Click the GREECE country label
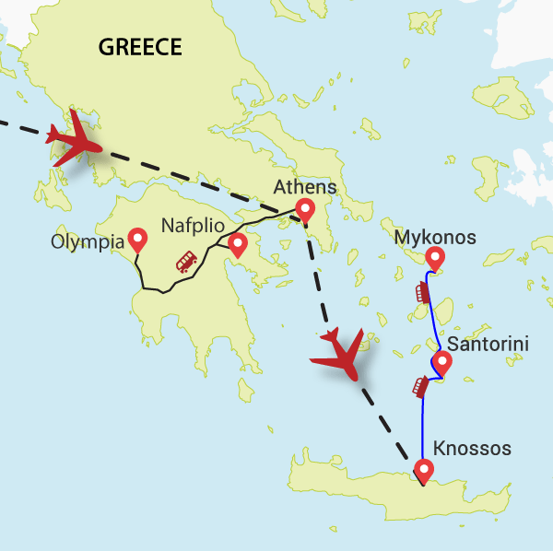point(141,47)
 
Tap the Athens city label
point(304,188)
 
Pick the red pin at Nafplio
point(237,244)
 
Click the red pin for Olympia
point(138,240)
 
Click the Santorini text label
point(488,345)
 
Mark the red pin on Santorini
point(441,363)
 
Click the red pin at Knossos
point(423,472)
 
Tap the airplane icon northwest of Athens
point(76,143)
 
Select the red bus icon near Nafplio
point(186,264)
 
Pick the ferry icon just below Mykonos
point(423,292)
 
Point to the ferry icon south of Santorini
point(419,386)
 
